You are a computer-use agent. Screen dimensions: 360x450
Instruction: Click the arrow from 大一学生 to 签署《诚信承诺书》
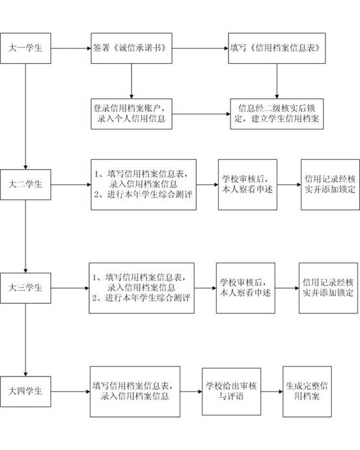coord(71,48)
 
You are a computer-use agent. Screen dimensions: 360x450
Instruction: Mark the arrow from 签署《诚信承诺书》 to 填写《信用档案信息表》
coord(201,48)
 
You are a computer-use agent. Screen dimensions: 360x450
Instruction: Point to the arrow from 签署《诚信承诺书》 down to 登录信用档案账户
coord(132,81)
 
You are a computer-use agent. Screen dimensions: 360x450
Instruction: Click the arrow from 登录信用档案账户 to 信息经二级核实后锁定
coord(201,114)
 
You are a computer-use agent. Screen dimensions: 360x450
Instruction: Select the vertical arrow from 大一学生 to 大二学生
coord(25,116)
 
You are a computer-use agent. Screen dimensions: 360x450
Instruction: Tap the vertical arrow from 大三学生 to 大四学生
coord(25,340)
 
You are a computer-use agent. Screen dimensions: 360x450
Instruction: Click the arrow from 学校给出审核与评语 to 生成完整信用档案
coord(272,391)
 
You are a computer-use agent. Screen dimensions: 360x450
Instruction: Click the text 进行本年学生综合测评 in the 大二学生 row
coord(150,194)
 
